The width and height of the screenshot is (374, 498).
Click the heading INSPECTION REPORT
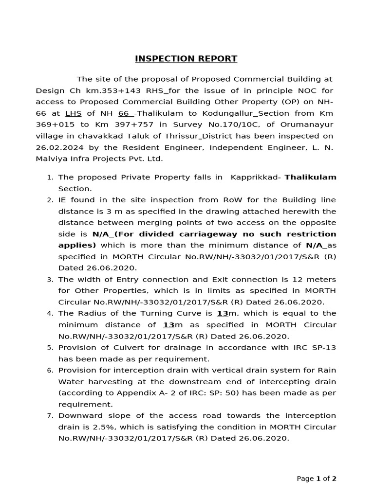(x=186, y=59)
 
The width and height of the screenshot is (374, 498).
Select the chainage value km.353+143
(x=109, y=90)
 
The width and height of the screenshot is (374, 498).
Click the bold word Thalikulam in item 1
(x=310, y=178)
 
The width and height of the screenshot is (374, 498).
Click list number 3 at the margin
(x=50, y=280)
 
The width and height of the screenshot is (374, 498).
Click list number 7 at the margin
(x=50, y=416)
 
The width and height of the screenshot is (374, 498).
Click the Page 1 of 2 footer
(x=316, y=479)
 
